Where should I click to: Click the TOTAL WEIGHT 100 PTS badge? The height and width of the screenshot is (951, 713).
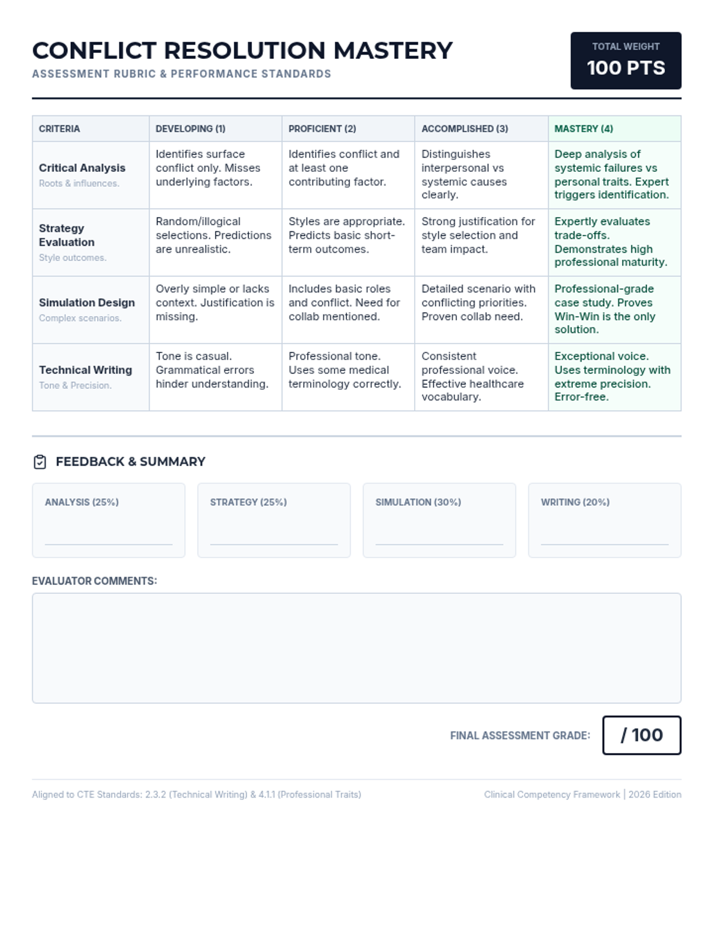tap(626, 61)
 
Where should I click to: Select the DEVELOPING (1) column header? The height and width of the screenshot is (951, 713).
tap(191, 129)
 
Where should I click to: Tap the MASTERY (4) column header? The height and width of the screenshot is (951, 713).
tap(583, 129)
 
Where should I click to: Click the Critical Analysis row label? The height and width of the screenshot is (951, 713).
tap(82, 168)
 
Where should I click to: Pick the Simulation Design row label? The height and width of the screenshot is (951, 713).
tap(87, 303)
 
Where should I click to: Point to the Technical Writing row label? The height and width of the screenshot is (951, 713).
tap(86, 370)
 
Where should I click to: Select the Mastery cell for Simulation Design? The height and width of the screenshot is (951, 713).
tap(614, 309)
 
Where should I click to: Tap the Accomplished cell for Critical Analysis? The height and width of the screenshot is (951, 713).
tap(481, 174)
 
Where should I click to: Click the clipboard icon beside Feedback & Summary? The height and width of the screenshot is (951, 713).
tap(40, 462)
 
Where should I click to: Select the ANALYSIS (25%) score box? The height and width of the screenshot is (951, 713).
tap(109, 520)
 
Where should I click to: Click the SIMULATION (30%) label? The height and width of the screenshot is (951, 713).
tap(418, 502)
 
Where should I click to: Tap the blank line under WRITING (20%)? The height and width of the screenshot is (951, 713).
tap(604, 543)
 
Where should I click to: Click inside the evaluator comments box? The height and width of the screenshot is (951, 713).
tap(356, 648)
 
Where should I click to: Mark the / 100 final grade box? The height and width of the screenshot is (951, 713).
tap(642, 735)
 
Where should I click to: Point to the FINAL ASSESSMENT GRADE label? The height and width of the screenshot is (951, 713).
tap(520, 736)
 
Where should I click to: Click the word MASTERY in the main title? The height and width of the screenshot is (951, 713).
tap(393, 51)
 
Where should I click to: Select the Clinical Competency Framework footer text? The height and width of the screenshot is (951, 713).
tap(552, 795)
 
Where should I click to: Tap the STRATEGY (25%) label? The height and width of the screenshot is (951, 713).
tap(248, 502)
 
